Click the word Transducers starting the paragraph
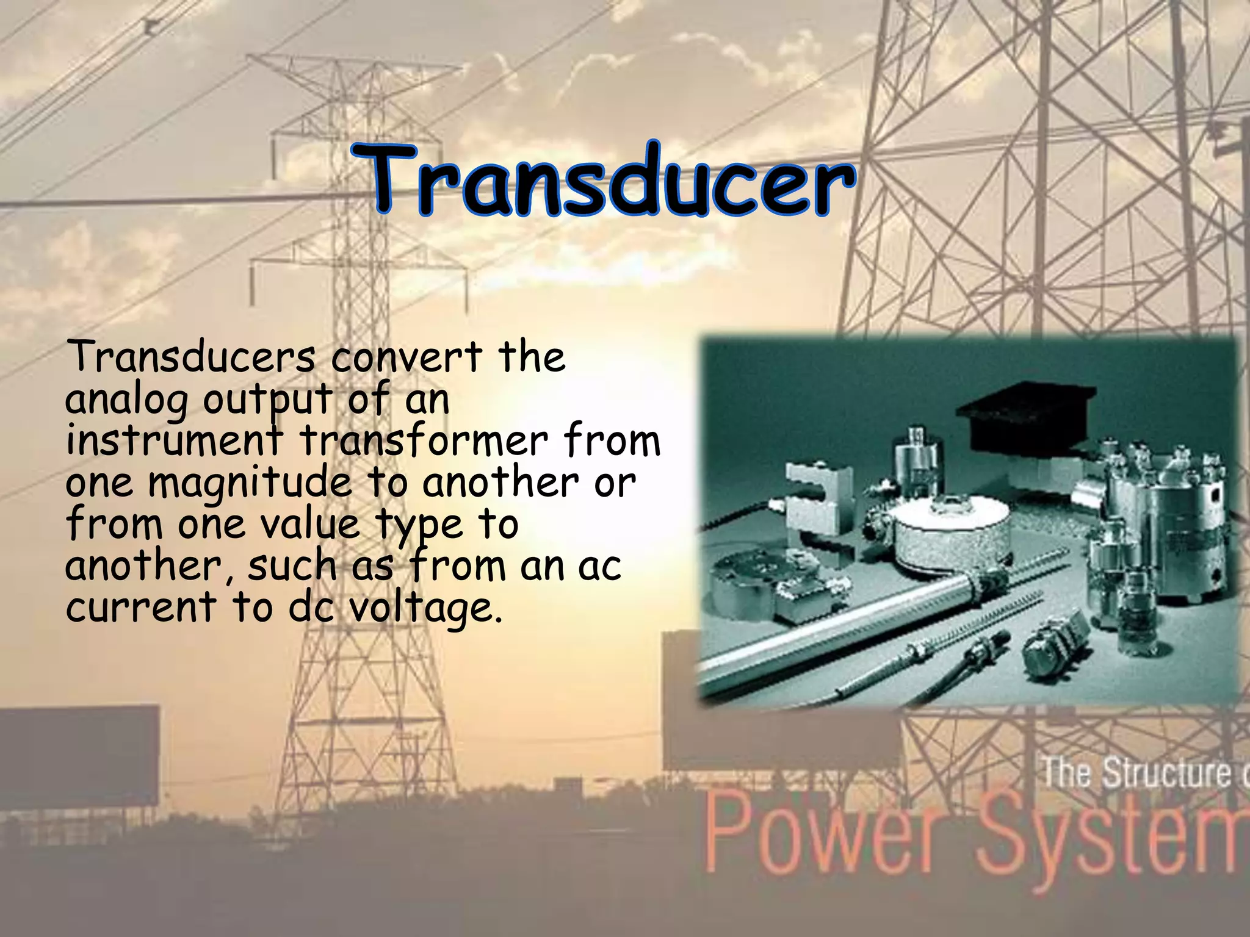click(191, 357)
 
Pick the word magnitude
click(251, 484)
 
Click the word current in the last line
click(141, 608)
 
